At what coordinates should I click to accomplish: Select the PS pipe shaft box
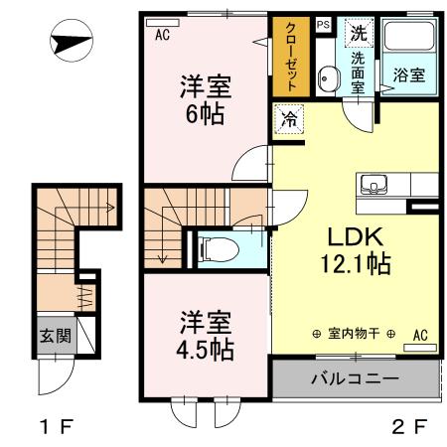click(x=323, y=25)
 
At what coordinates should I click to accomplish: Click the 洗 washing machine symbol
click(x=356, y=32)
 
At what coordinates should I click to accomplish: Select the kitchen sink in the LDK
click(x=374, y=184)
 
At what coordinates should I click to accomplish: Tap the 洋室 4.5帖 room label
click(x=207, y=335)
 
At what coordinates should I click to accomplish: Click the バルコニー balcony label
click(x=355, y=378)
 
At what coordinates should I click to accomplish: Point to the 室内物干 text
click(x=355, y=333)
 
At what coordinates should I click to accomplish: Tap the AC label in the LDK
click(x=420, y=334)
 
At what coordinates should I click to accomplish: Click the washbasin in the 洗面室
click(x=327, y=77)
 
